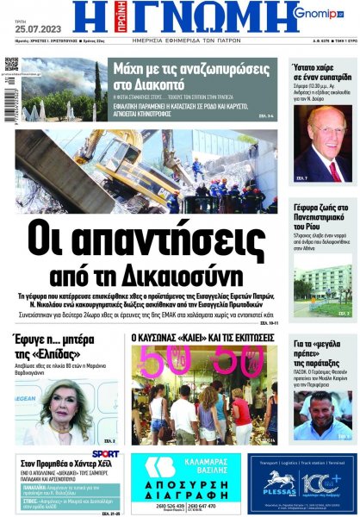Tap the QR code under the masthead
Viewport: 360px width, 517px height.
(11, 65)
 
